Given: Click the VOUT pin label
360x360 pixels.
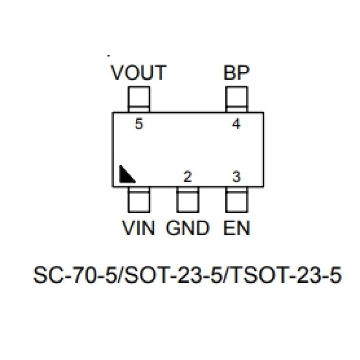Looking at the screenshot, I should [139, 73].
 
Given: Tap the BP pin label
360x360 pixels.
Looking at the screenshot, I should [237, 73].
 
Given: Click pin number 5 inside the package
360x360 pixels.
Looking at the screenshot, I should [138, 123].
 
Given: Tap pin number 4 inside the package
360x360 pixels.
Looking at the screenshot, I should [237, 123].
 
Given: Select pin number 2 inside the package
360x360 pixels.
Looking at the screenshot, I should [188, 177].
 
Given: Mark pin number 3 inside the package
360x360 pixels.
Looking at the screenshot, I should [237, 177].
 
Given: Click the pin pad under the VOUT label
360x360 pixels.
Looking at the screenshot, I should [139, 99].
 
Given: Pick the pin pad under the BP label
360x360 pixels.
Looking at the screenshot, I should [237, 99].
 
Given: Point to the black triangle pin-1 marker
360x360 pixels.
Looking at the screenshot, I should [125, 175].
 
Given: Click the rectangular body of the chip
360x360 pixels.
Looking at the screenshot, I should [188, 149].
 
